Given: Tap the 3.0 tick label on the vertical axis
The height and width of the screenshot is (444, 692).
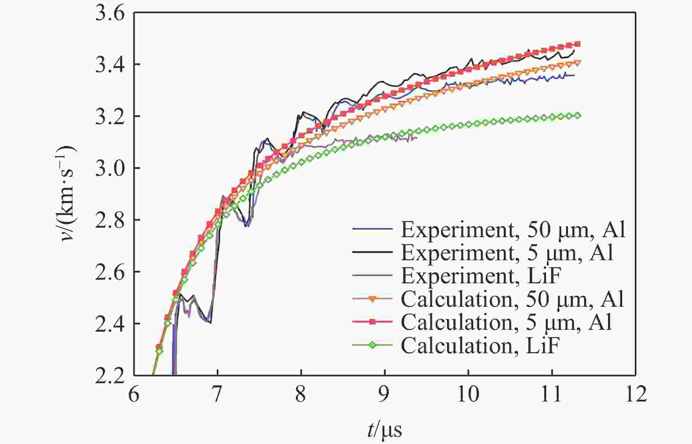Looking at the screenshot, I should pos(109,169).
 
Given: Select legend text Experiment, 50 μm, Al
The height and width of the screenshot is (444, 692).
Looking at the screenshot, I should pos(513,230).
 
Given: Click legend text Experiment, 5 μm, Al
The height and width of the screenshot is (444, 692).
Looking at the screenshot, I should pos(507,253).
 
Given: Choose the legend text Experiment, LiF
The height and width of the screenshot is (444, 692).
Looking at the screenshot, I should pos(481,276).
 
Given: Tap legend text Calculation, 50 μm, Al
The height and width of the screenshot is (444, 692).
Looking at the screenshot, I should pos(512,299).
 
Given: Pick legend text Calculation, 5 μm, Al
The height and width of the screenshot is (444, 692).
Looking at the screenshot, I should pos(506,322).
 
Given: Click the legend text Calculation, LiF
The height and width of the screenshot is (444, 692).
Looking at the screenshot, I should pos(480,345).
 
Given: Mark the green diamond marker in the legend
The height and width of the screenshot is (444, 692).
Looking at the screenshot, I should pos(373,345).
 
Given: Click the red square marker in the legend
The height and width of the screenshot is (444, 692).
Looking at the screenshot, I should pos(373,322).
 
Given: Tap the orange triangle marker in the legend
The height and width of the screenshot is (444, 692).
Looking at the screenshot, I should pos(373,299).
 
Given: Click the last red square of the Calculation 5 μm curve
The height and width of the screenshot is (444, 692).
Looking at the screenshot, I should pos(578,44).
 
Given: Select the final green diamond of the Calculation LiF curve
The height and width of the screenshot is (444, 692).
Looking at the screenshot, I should pos(578,116).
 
